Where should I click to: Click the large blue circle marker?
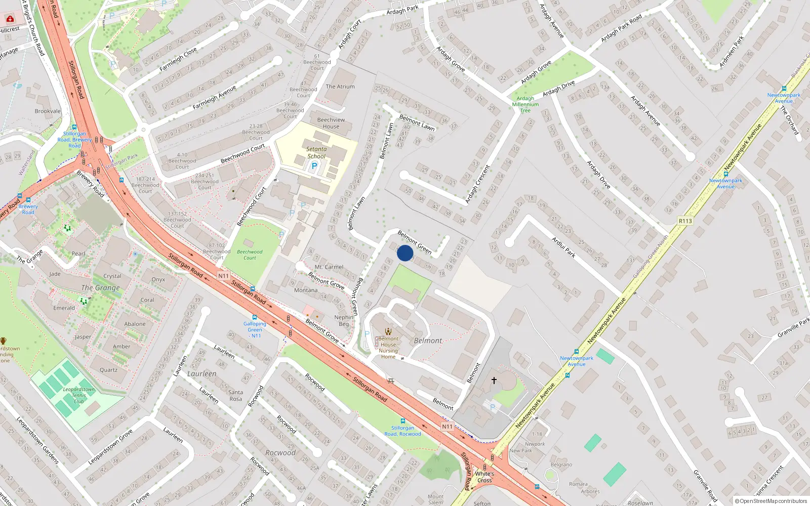[x=405, y=253]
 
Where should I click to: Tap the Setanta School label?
[x=316, y=152]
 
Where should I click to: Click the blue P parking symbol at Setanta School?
[x=314, y=166]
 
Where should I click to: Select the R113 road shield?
[x=685, y=221]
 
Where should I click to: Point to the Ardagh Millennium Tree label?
[x=525, y=104]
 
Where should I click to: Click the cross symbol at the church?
[x=494, y=380]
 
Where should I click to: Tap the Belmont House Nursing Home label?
[x=388, y=348]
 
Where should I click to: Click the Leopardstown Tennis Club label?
[x=78, y=395]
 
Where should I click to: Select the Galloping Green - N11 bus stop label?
[x=255, y=329]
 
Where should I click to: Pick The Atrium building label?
[x=340, y=87]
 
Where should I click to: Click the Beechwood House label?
[x=331, y=123]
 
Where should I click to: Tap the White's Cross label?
[x=484, y=477]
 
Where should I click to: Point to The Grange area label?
[x=101, y=287]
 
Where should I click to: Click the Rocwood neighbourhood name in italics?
[x=280, y=453]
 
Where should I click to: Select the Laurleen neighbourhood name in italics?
[x=202, y=374]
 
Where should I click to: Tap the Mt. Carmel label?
[x=329, y=267]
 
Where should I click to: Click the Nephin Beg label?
[x=344, y=320]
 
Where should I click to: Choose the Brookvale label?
[x=48, y=111]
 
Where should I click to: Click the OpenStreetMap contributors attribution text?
[x=771, y=501]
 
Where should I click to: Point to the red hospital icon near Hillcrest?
[x=10, y=19]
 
